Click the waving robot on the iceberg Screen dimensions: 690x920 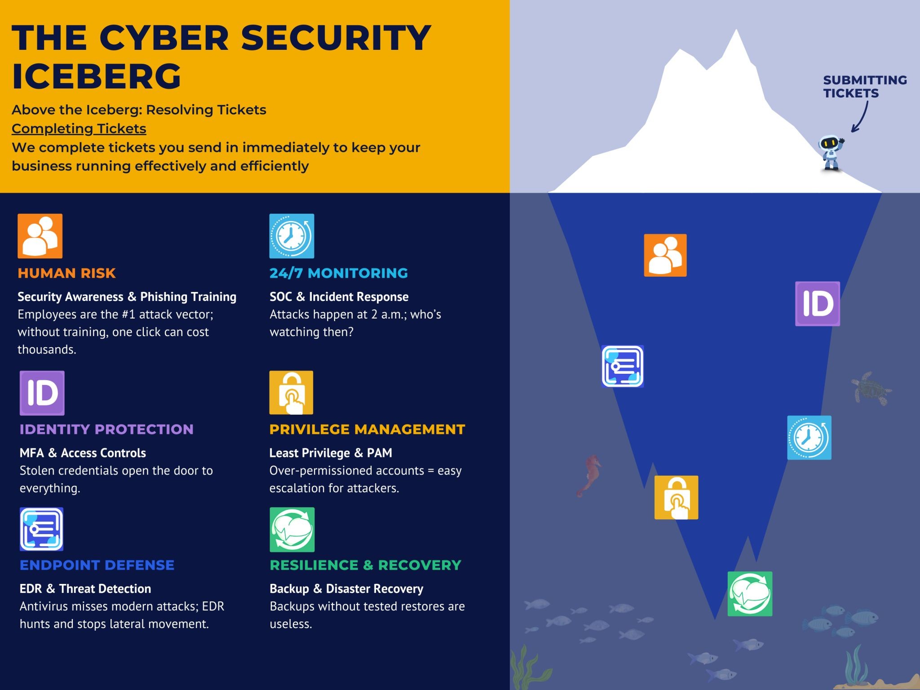coord(831,153)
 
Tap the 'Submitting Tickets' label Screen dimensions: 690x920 coord(864,86)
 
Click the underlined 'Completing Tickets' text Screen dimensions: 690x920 coord(79,128)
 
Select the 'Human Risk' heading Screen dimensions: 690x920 coord(66,273)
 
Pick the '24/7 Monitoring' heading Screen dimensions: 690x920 coord(339,273)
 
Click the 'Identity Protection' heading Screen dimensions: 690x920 coord(106,429)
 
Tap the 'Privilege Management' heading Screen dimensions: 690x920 coord(367,429)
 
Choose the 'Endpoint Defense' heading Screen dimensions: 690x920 coord(97,565)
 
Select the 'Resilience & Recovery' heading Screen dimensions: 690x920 coord(365,565)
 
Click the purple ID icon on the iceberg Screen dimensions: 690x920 coord(817,304)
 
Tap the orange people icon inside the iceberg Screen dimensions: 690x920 coord(665,255)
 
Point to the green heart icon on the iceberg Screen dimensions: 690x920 coord(750,594)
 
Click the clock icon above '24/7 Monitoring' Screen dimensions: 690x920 coord(292,236)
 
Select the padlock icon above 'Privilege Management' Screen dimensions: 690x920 coord(291,393)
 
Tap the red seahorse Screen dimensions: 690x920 coord(590,475)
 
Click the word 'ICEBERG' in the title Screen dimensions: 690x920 coord(97,76)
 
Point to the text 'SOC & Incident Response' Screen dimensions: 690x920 coord(339,297)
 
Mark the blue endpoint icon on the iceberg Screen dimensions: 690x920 coord(622,366)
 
